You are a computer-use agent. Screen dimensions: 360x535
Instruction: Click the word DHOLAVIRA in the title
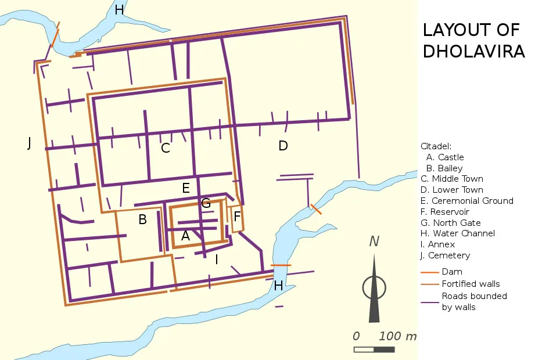(473, 51)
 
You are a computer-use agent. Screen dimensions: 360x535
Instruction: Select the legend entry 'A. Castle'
(444, 157)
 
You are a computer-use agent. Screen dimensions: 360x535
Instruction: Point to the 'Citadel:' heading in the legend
(436, 146)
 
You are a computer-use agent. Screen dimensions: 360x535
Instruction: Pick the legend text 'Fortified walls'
(471, 284)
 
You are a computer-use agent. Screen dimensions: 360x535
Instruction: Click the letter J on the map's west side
(29, 143)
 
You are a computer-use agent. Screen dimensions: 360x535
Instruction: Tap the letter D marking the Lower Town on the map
(283, 146)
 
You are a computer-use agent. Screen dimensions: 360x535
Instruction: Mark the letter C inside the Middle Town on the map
(166, 148)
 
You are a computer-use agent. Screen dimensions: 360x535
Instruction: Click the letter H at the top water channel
(119, 10)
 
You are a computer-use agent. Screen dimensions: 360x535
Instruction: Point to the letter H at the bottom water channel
(279, 286)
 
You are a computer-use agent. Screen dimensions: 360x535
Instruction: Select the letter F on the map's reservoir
(236, 217)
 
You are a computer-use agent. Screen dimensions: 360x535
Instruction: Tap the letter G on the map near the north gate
(206, 203)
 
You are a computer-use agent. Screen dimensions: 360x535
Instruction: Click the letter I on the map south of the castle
(217, 260)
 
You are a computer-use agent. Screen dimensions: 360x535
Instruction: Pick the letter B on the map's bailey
(142, 220)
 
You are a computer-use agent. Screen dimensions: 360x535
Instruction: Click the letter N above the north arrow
(374, 242)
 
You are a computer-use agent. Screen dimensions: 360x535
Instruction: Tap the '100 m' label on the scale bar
(398, 336)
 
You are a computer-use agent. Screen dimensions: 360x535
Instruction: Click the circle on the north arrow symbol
(374, 287)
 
